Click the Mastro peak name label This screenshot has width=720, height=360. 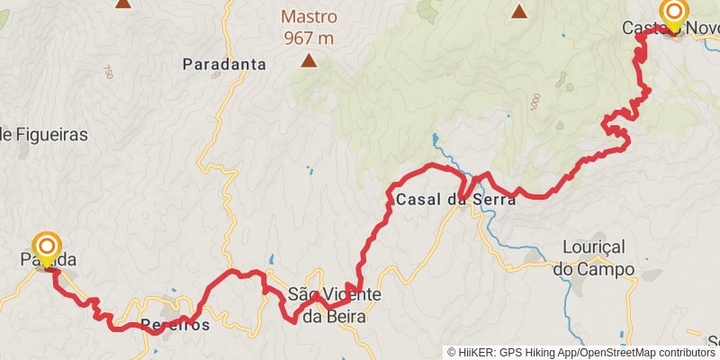tap(309, 16)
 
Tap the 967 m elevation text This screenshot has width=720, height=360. tap(309, 38)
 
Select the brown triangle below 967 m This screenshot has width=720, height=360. tap(309, 61)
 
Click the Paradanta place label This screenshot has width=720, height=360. tap(224, 64)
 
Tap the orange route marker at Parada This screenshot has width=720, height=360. tap(47, 246)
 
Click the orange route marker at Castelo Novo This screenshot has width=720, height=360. tap(673, 12)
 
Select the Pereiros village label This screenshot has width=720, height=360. tap(175, 326)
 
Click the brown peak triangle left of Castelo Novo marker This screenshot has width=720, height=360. tap(519, 12)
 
